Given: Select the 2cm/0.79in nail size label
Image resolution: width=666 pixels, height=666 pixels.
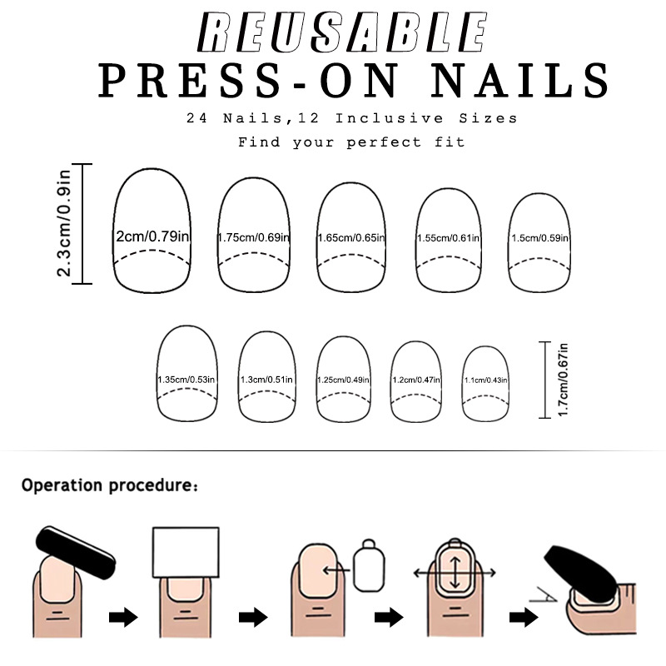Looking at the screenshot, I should tap(153, 237).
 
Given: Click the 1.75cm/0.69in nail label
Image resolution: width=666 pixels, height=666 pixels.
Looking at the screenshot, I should tap(254, 238).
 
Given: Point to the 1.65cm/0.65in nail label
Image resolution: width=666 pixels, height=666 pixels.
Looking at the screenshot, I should tap(351, 238).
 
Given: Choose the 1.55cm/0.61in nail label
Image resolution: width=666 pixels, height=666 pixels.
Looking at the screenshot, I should tap(449, 238).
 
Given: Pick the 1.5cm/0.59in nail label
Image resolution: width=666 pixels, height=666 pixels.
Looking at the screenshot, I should tap(542, 238).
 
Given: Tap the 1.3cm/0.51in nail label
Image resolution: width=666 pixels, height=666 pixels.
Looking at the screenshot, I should tap(266, 380).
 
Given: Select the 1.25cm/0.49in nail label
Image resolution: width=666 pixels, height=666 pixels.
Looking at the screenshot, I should tap(344, 380).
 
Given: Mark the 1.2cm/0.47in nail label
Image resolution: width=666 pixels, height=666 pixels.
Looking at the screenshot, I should tap(417, 380).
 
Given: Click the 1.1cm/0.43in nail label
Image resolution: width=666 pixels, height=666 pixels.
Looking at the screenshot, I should tap(485, 380).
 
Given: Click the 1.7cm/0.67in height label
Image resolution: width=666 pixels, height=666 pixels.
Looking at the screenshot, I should tap(563, 380).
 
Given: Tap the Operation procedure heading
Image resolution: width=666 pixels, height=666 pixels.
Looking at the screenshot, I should tap(110, 485).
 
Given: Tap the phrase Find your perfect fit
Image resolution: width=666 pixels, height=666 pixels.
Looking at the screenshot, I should tap(351, 142).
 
